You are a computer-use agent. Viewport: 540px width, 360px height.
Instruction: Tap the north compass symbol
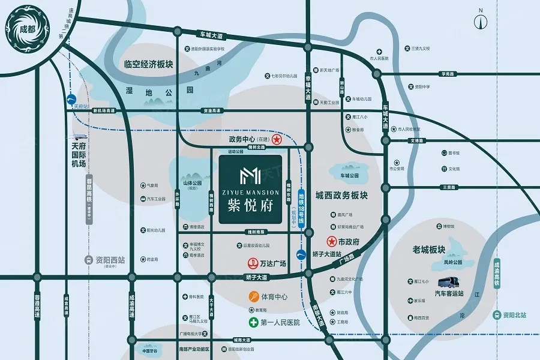(481, 20)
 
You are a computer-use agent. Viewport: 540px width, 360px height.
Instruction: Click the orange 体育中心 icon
(254, 296)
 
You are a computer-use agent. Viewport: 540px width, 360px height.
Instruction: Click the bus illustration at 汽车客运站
(451, 283)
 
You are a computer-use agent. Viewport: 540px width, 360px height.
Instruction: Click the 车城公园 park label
(349, 176)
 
